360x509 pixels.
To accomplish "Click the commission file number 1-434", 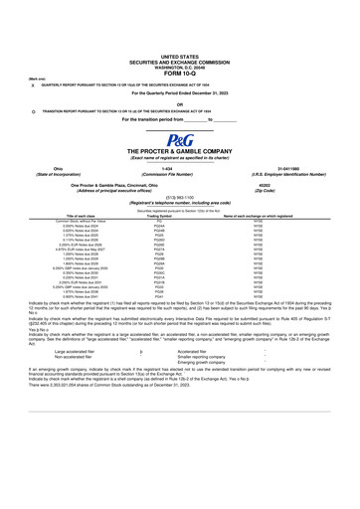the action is coord(179,197).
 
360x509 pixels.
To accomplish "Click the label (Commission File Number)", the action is coord(179,203).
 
